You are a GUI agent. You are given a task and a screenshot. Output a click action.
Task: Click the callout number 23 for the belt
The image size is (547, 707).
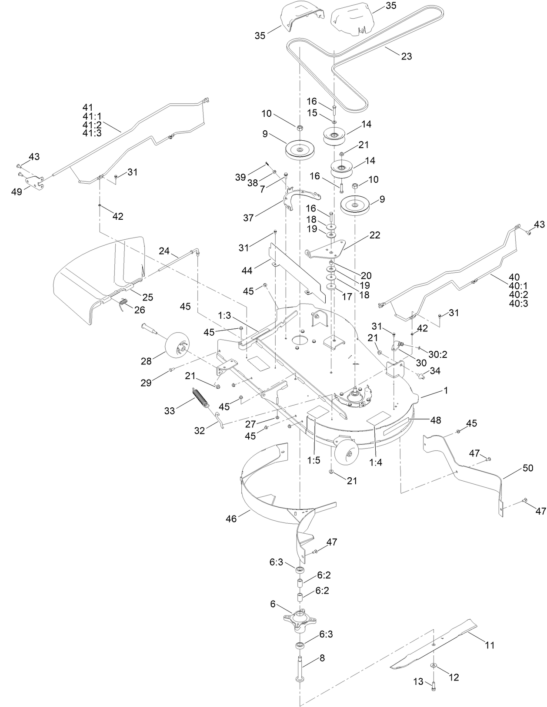click(406, 56)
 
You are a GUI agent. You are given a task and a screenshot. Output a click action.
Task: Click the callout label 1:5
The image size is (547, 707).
click(314, 460)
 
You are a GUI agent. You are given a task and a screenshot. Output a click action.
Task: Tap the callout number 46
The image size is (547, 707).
click(231, 519)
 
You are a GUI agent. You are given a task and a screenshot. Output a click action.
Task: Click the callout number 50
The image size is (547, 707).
click(528, 468)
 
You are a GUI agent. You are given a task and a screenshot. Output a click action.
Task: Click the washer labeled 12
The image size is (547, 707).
click(434, 663)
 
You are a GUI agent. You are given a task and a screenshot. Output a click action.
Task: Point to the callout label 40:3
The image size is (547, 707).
click(519, 303)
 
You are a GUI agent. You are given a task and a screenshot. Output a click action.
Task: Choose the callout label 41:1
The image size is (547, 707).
click(92, 116)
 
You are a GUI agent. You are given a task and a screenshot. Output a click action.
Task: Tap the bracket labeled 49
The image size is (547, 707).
click(35, 182)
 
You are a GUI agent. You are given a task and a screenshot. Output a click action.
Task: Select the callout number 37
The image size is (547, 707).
click(248, 218)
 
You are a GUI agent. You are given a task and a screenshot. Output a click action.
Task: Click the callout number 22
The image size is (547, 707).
click(375, 235)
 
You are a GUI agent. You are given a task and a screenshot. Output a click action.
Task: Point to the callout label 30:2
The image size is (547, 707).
click(438, 354)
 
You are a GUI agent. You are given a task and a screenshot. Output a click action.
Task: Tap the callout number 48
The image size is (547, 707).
click(436, 420)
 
